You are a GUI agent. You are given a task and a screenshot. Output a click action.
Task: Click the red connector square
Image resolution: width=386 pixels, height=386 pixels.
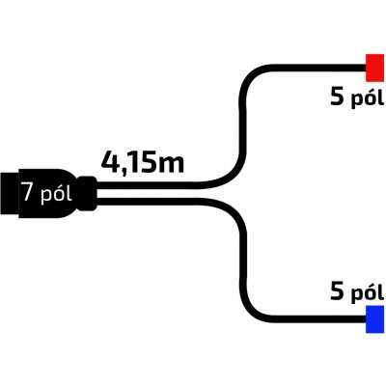click(374, 68)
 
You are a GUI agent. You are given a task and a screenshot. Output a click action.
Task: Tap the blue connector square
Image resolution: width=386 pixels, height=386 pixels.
click(374, 319)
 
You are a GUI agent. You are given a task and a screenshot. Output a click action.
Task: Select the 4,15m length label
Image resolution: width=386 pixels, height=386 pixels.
click(143, 163)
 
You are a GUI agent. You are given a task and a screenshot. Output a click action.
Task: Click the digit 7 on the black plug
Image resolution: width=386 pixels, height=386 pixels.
click(28, 193)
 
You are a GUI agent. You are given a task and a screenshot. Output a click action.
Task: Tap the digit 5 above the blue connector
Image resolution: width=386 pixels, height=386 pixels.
click(337, 292)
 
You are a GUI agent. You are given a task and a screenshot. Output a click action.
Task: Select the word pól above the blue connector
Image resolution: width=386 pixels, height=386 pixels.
click(367, 293)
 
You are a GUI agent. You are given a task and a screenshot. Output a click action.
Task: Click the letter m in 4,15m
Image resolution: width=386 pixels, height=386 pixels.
click(172, 166)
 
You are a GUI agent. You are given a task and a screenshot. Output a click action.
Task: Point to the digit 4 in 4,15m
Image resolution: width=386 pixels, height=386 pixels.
click(110, 162)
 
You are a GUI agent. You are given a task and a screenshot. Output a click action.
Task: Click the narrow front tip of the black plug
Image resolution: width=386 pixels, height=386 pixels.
click(10, 194)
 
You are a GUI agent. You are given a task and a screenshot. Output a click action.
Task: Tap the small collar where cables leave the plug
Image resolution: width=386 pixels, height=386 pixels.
click(87, 194)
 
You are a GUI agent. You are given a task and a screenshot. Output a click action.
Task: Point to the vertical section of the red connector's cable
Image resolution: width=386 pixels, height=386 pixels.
click(243, 125)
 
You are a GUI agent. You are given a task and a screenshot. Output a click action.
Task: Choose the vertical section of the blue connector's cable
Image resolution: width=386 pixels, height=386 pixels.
click(243, 261)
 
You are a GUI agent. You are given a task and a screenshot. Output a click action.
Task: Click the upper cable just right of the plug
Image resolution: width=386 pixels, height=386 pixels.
click(113, 185)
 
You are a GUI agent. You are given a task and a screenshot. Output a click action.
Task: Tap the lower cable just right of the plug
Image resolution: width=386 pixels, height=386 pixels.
click(113, 202)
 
